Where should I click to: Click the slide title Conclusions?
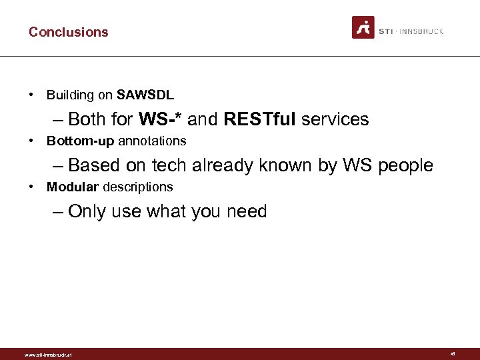pyautogui.click(x=68, y=32)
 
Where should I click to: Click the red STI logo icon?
pyautogui.click(x=363, y=27)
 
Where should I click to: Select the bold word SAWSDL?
pyautogui.click(x=145, y=95)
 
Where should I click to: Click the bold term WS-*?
pyautogui.click(x=161, y=119)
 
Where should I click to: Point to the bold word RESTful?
pyautogui.click(x=260, y=119)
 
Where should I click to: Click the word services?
pyautogui.click(x=335, y=119)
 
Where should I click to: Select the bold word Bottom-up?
pyautogui.click(x=81, y=141)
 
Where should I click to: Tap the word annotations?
pyautogui.click(x=152, y=141)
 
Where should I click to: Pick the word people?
pyautogui.click(x=405, y=165)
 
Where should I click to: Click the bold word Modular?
pyautogui.click(x=73, y=187)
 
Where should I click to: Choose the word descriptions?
pyautogui.click(x=137, y=187)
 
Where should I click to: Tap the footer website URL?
pyautogui.click(x=47, y=355)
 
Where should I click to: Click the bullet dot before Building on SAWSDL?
pyautogui.click(x=32, y=95)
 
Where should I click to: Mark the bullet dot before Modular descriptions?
pyautogui.click(x=32, y=187)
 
